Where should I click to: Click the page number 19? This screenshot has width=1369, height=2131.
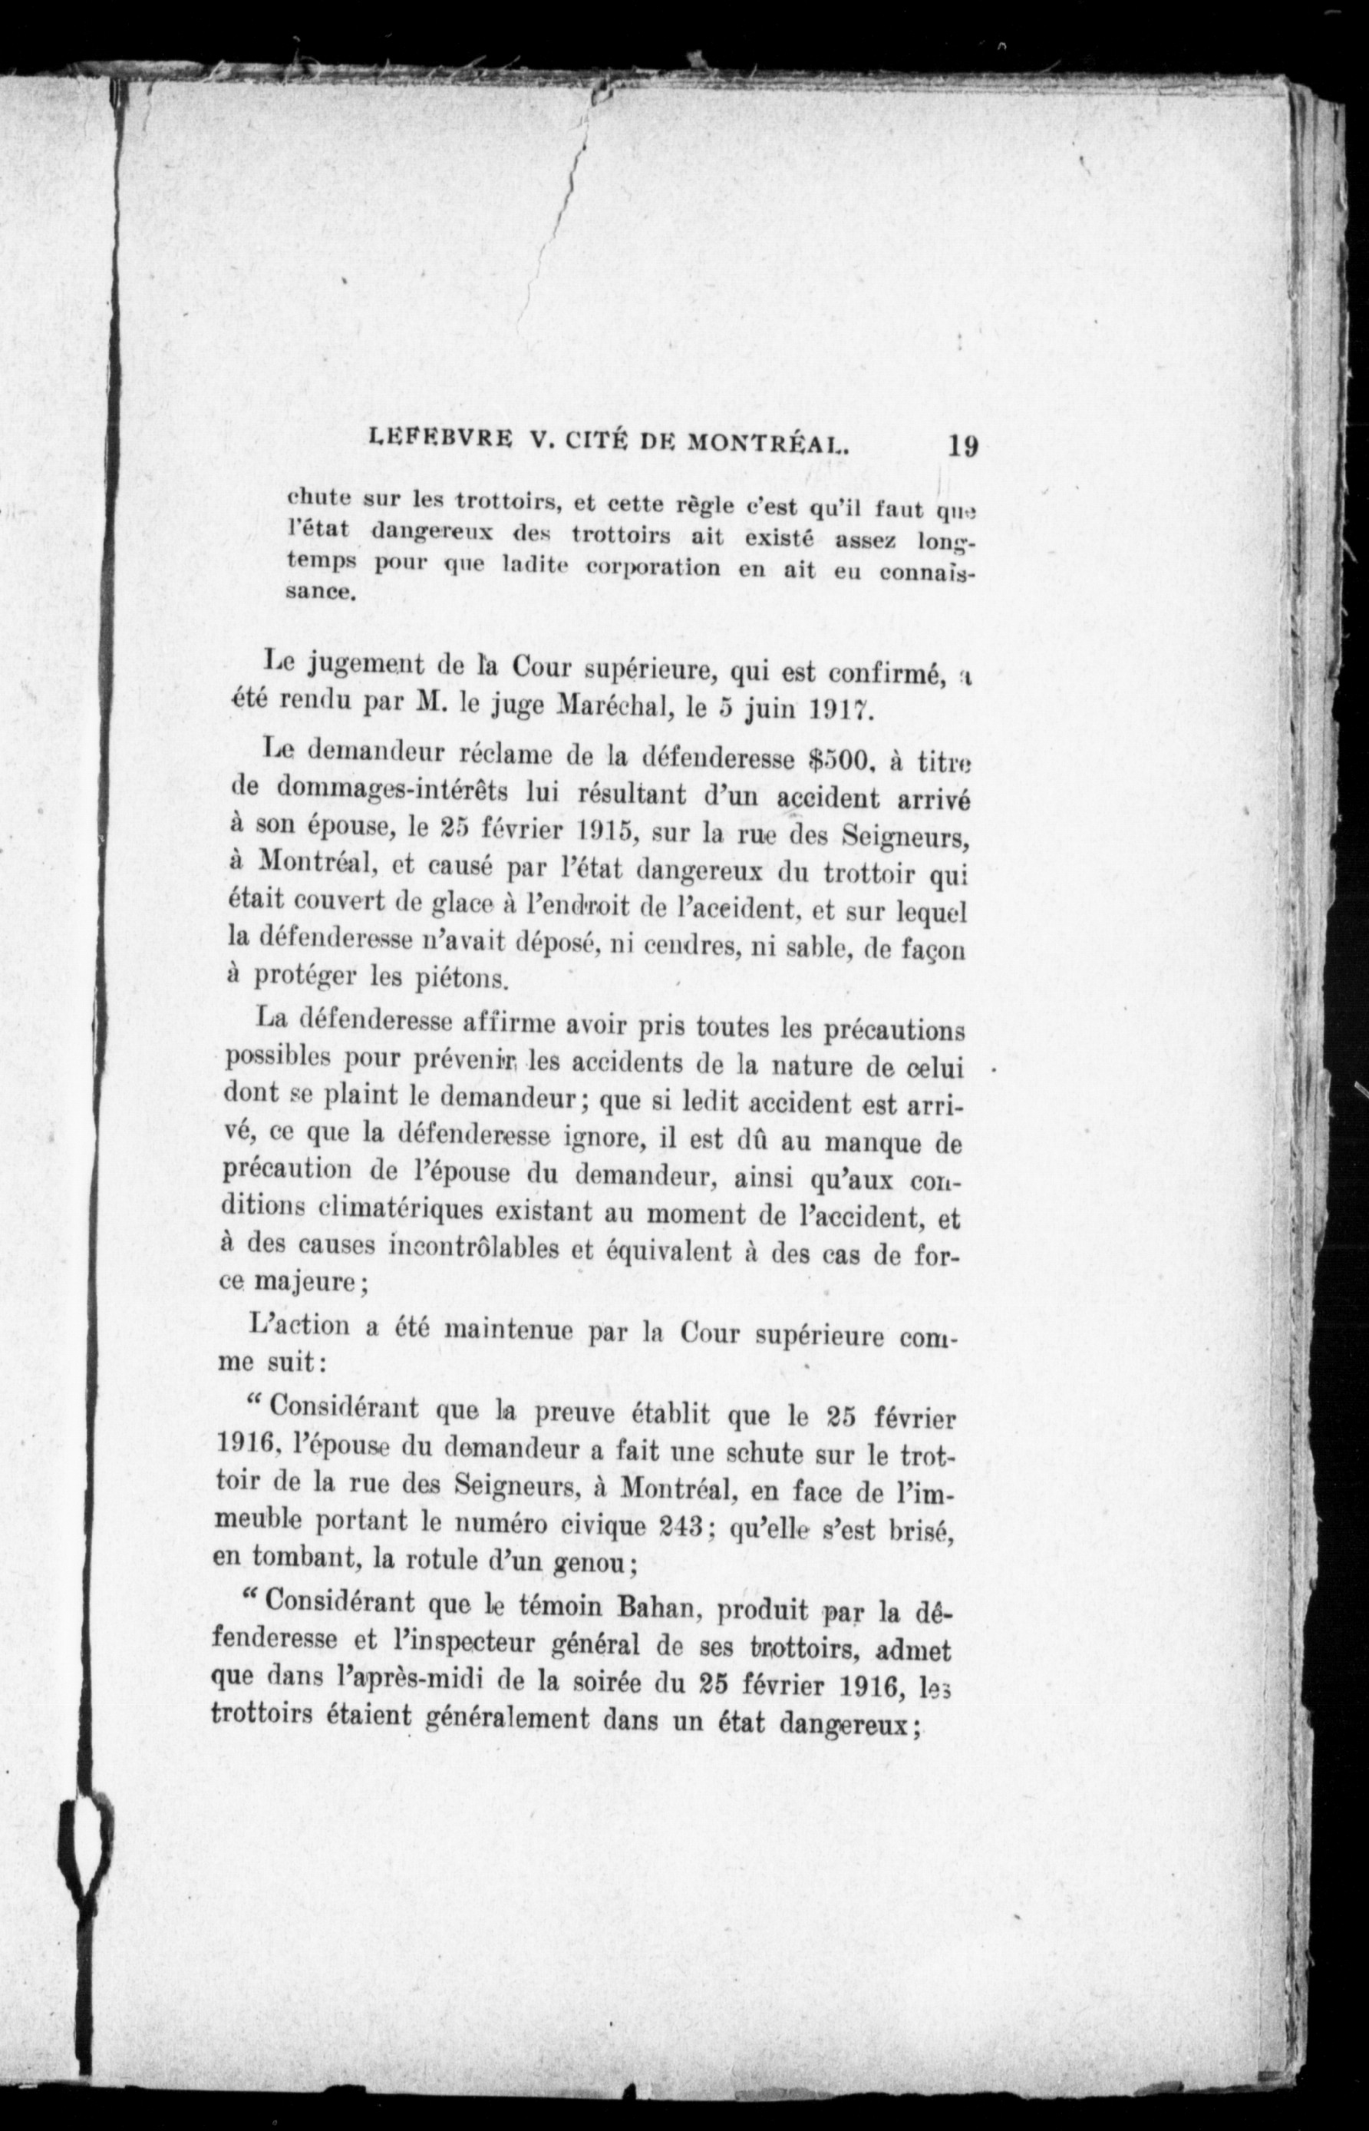(963, 444)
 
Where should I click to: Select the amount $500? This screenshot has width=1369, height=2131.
(834, 758)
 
